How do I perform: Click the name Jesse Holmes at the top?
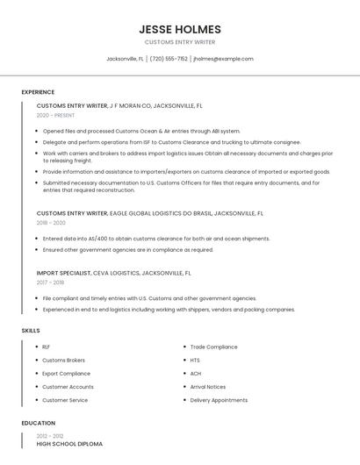(x=179, y=29)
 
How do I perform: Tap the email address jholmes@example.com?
(x=223, y=59)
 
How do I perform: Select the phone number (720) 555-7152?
(x=169, y=59)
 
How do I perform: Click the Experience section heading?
(x=38, y=92)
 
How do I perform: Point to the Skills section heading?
(x=31, y=330)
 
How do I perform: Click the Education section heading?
(x=38, y=423)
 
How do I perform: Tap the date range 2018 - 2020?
(x=51, y=223)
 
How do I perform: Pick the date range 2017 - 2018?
(x=50, y=283)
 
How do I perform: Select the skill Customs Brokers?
(x=63, y=361)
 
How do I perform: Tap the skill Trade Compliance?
(x=213, y=347)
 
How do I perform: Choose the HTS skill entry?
(x=195, y=361)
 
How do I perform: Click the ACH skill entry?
(x=196, y=374)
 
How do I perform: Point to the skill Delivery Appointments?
(x=219, y=400)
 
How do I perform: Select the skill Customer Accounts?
(x=68, y=387)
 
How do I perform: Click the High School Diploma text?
(x=69, y=444)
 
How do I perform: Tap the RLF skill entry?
(x=47, y=347)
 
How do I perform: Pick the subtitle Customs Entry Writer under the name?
(x=179, y=42)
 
